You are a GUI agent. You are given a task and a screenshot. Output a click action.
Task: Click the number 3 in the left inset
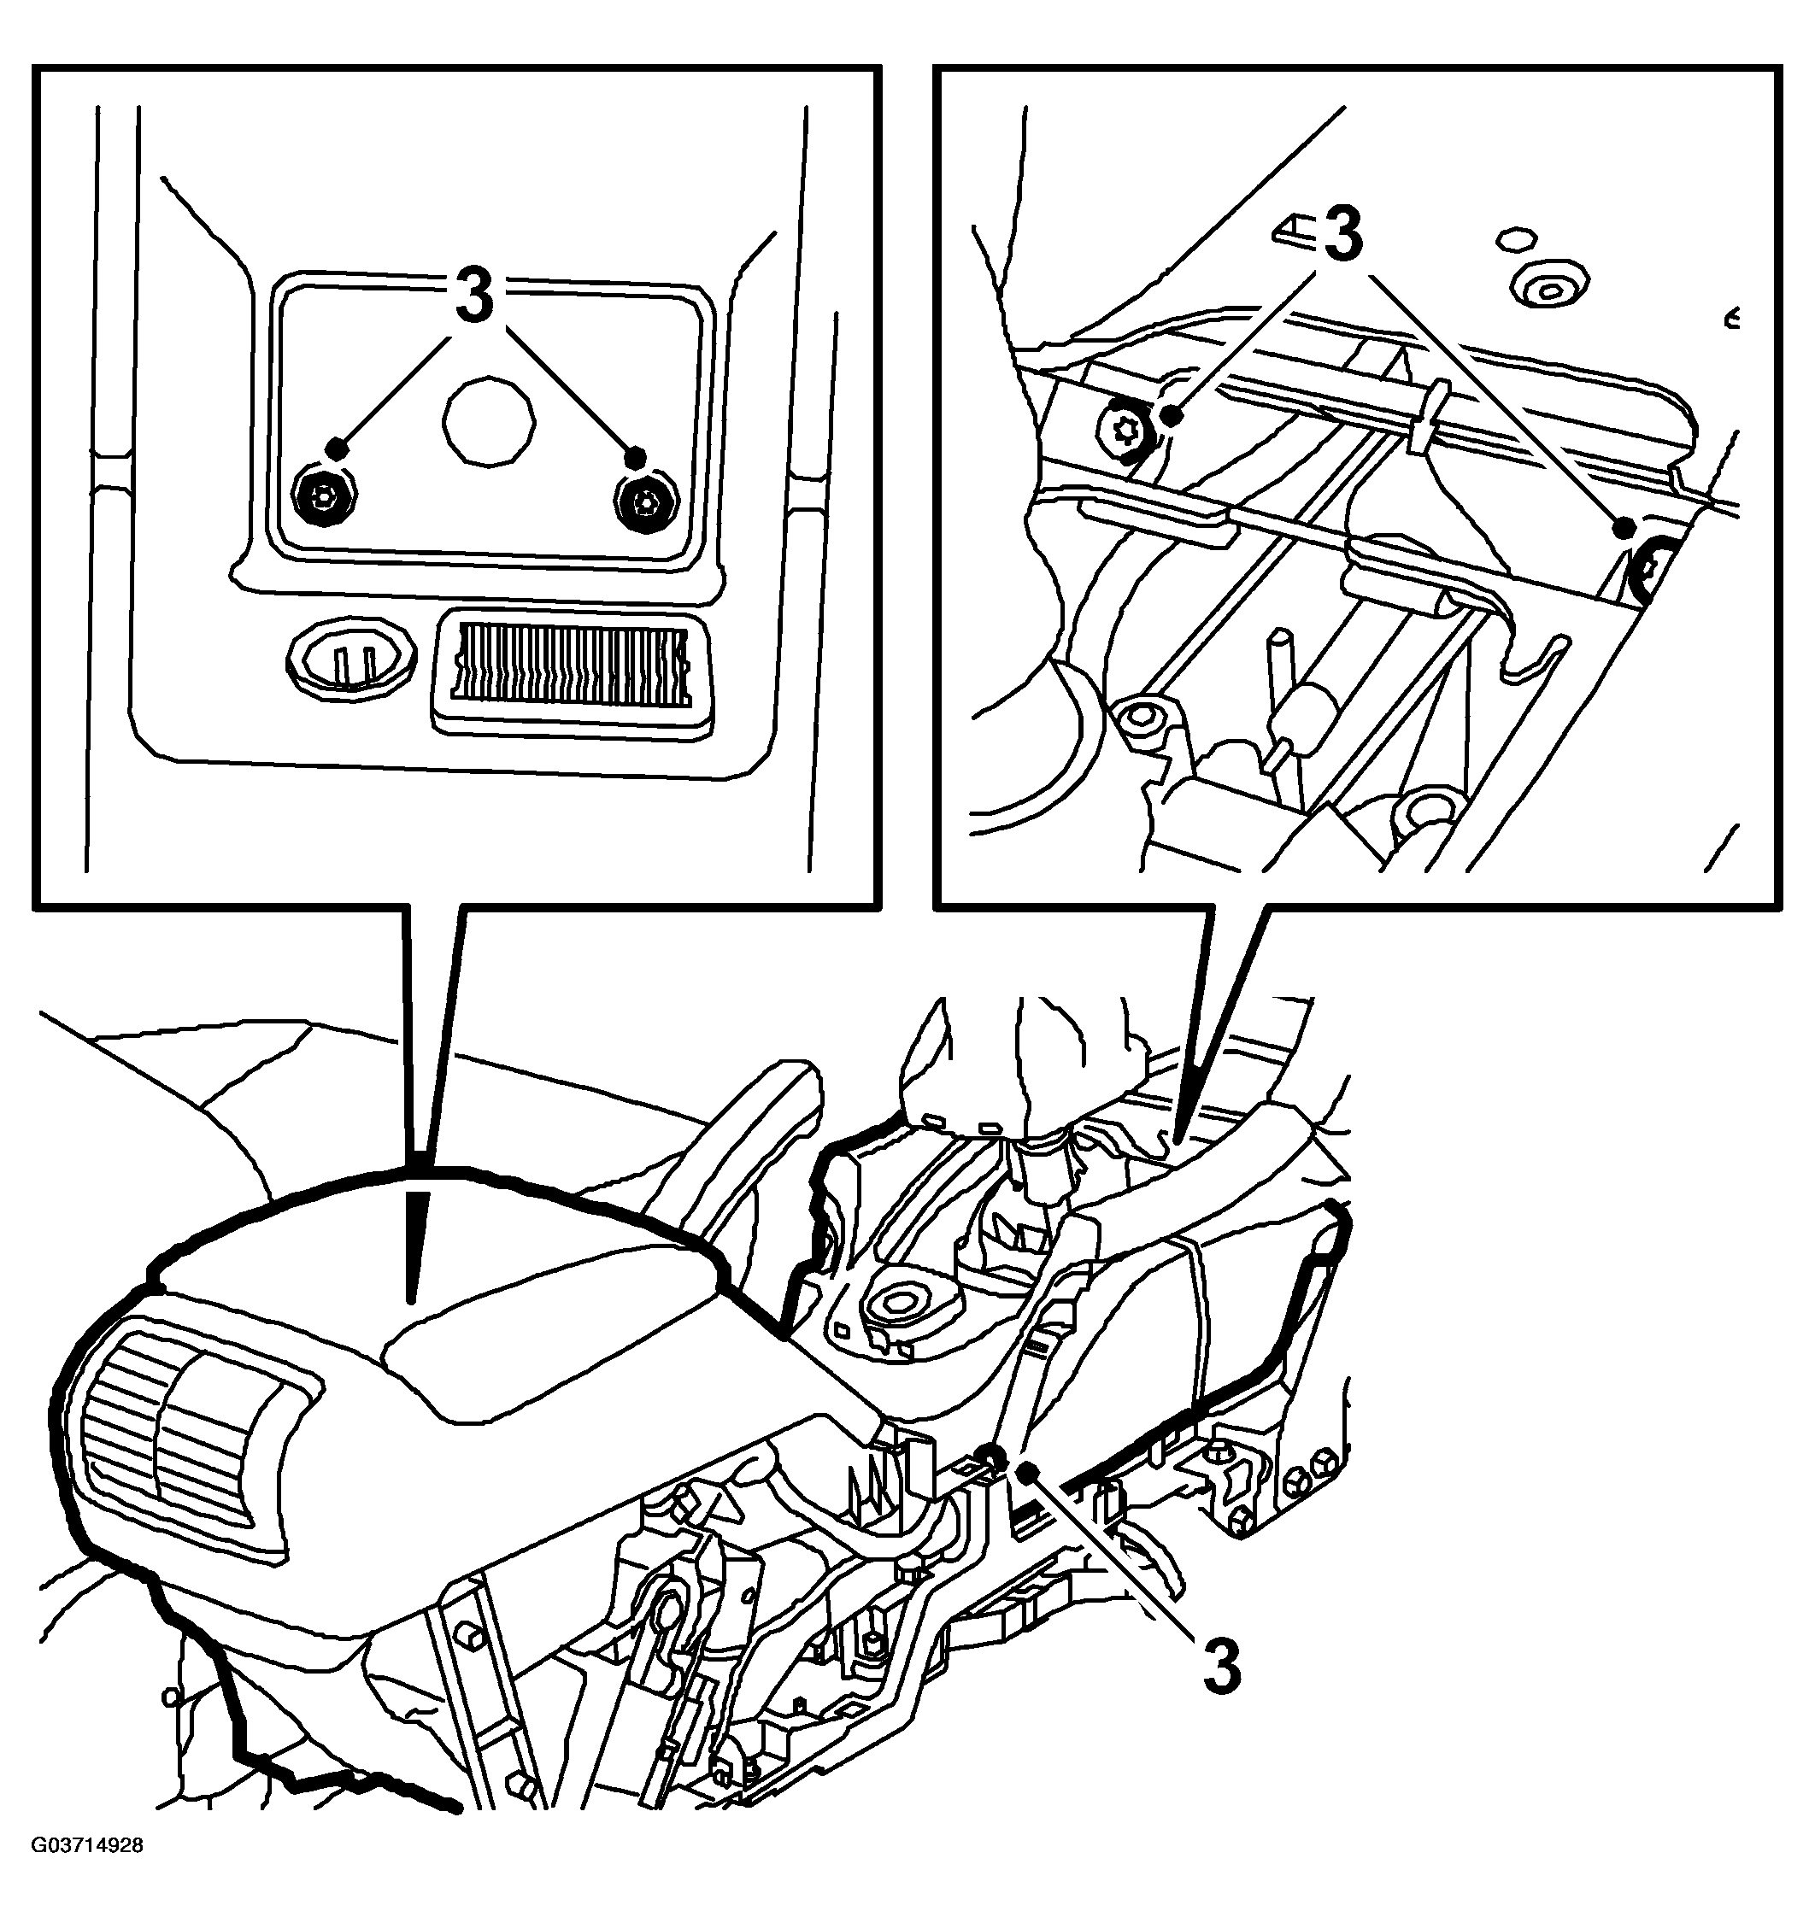474,296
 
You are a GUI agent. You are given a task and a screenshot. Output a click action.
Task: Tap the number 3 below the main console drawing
1221,1664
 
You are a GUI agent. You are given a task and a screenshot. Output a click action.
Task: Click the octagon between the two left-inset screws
488,418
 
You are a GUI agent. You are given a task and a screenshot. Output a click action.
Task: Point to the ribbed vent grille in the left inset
571,664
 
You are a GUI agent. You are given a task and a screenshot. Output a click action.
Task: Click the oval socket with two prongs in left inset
352,660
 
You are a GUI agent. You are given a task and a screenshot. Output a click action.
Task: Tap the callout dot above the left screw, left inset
336,446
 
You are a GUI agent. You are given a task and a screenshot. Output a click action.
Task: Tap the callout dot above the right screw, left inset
635,455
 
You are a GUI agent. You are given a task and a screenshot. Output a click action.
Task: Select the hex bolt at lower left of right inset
1144,717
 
